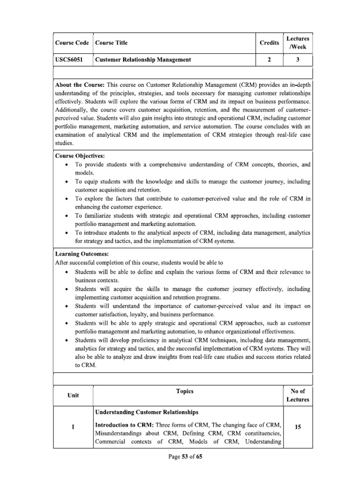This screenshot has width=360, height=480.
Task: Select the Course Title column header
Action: click(112, 43)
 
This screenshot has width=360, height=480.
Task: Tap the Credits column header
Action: click(269, 43)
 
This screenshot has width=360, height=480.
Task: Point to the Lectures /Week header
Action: click(298, 43)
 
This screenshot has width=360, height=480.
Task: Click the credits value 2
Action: click(269, 60)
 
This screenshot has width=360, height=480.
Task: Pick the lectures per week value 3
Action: click(298, 60)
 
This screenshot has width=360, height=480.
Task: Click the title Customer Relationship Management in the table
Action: click(143, 60)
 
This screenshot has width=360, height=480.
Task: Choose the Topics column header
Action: click(186, 391)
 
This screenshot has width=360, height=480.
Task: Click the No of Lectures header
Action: click(298, 395)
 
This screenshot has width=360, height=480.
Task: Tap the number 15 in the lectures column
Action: click(298, 427)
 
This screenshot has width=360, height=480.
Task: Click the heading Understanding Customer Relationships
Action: click(146, 412)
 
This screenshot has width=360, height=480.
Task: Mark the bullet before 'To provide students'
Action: click(68, 165)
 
